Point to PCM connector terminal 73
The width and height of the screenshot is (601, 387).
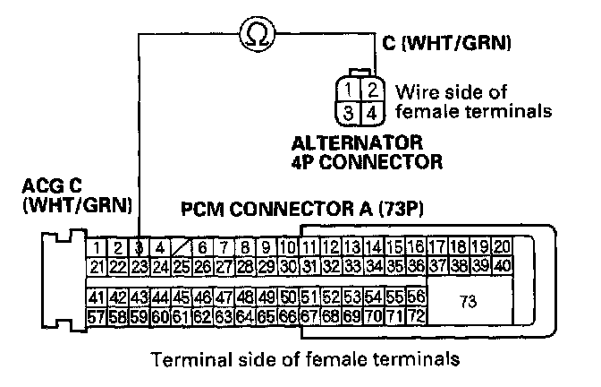(467, 302)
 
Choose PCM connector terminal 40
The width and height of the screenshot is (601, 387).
(502, 265)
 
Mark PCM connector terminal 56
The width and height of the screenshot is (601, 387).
(416, 297)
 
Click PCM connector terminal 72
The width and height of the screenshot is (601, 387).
(416, 315)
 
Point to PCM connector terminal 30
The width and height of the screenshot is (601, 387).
(287, 265)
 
